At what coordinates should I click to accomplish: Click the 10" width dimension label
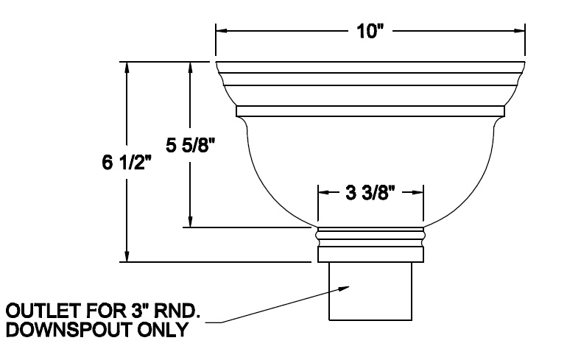(x=370, y=32)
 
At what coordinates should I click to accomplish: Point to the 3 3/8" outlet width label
(x=370, y=194)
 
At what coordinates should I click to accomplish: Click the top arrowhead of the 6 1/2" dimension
(x=129, y=66)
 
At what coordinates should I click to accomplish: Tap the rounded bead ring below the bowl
(x=370, y=236)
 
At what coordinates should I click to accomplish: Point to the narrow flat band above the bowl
(x=370, y=111)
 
